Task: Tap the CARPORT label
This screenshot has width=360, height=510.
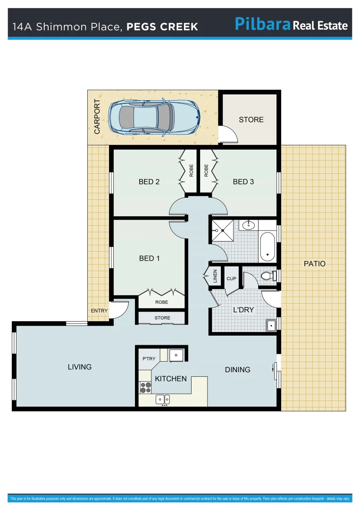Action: point(97,117)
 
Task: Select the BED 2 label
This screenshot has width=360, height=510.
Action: point(149,182)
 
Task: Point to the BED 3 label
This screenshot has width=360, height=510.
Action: point(243,182)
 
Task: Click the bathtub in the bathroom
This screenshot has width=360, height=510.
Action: point(268,247)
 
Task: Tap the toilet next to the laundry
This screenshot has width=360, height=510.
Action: point(268,276)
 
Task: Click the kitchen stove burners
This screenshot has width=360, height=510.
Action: point(145,387)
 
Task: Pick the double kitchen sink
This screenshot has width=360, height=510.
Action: point(163,400)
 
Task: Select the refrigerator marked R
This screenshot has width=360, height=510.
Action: point(176,355)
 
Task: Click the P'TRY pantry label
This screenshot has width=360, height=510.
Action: point(149,359)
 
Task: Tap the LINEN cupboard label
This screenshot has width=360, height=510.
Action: point(215,275)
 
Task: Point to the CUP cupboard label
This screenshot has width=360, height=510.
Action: point(231,279)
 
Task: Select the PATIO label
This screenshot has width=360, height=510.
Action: point(315,264)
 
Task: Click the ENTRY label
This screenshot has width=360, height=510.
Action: point(99,311)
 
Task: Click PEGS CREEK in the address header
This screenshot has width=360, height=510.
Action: point(162,27)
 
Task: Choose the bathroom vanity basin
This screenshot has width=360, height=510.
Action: point(248,225)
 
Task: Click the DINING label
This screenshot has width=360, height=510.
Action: point(237,370)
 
